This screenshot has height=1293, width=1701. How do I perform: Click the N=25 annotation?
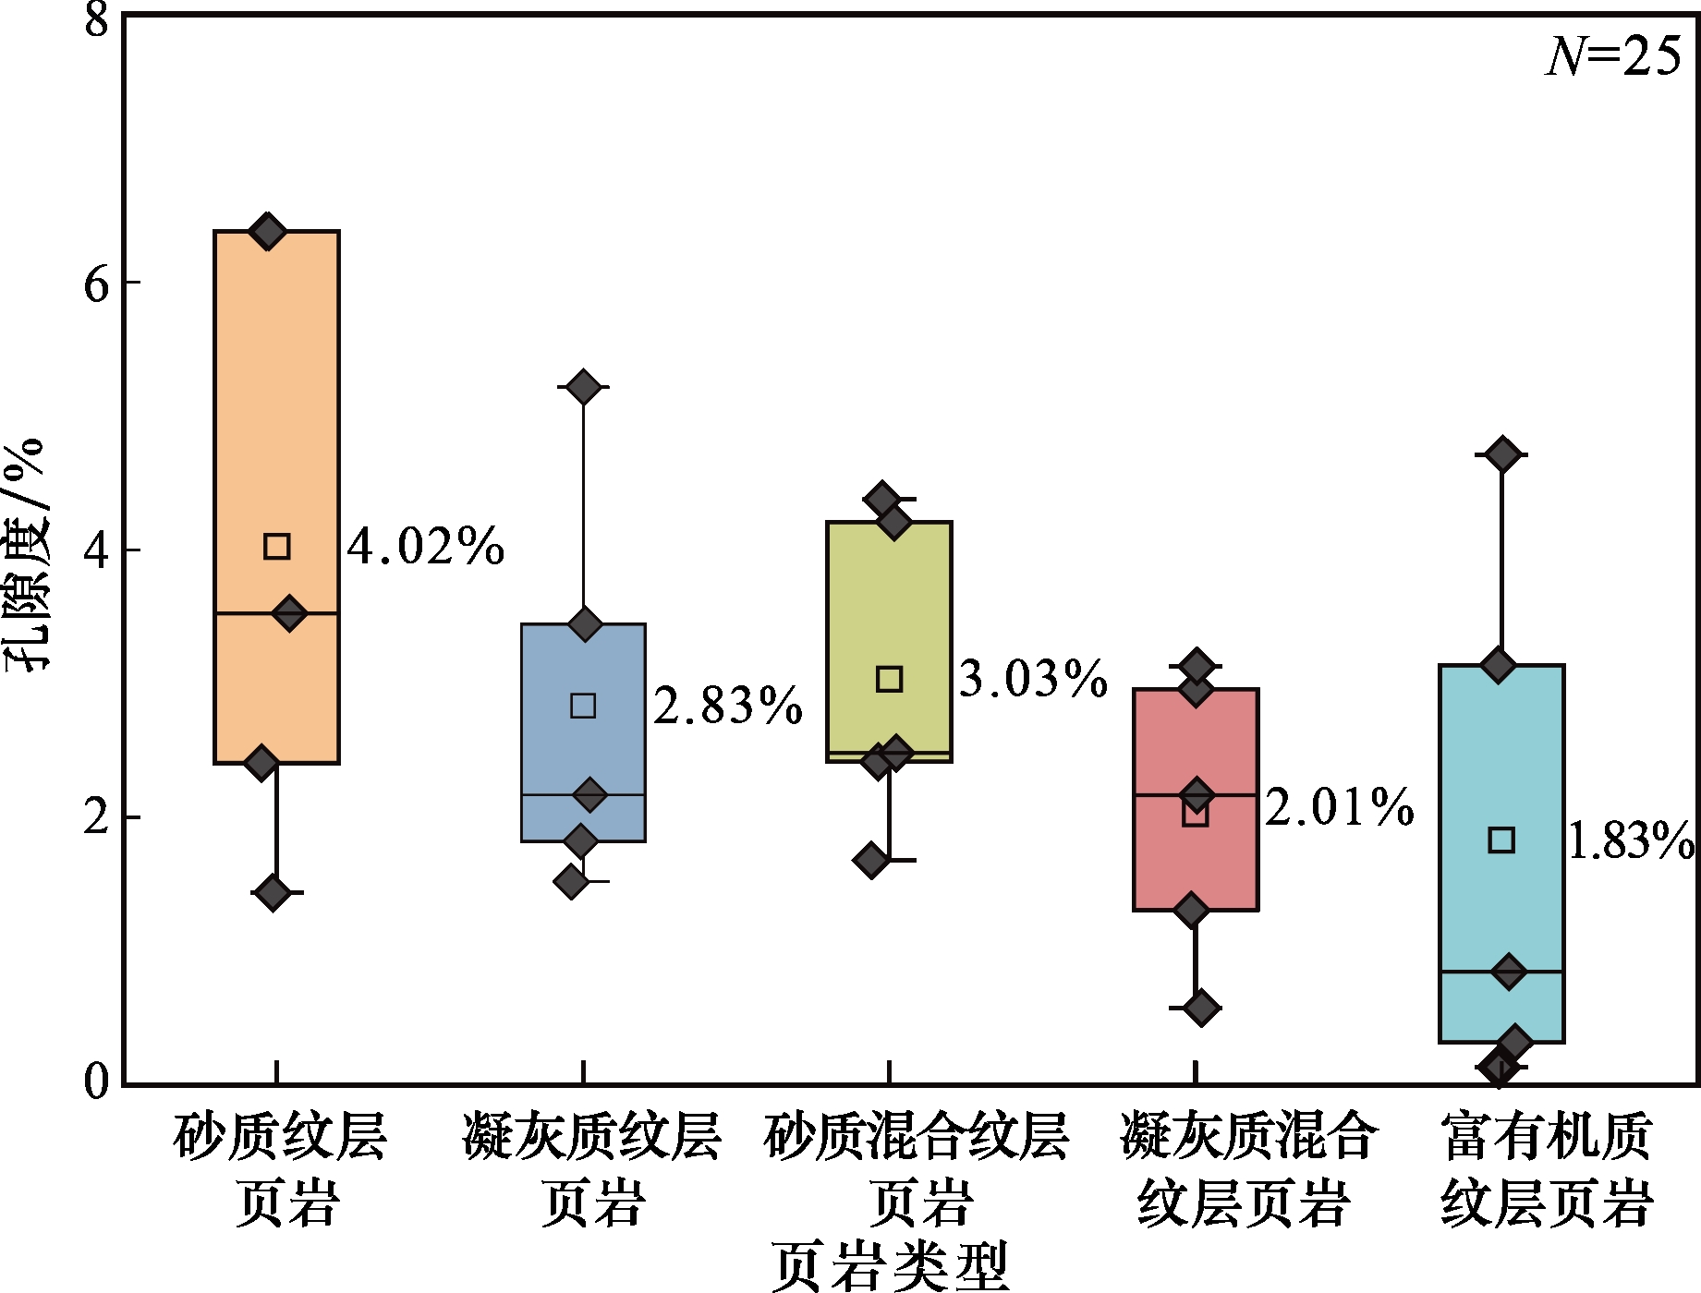coord(1613,57)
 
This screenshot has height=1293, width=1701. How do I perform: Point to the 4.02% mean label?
coord(426,547)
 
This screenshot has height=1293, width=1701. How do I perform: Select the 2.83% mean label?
coord(728,707)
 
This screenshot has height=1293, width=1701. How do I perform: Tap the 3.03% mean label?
coord(1033,680)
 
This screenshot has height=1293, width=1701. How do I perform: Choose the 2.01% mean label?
coord(1339,807)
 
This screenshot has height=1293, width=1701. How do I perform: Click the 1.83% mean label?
coord(1631,841)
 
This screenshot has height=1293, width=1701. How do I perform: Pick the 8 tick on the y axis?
coord(97,18)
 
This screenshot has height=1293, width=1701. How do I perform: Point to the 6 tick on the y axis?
coord(97,284)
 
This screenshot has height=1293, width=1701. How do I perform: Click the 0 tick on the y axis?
coord(97,1082)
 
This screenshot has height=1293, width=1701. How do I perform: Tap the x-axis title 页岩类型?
coord(890,1266)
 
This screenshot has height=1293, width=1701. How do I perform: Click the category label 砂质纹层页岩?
coord(280,1170)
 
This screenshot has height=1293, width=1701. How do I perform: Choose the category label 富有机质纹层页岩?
coord(1546,1170)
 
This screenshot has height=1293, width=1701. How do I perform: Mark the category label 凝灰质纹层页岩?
coord(591,1170)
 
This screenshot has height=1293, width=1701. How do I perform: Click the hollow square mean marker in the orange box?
coord(277,547)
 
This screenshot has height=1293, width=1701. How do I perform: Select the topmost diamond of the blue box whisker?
coord(584,387)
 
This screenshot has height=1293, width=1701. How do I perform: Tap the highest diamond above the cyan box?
coord(1502,454)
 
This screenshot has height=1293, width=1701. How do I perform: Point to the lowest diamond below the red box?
coord(1201,1008)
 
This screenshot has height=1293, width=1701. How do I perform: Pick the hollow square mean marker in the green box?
coord(889,680)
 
